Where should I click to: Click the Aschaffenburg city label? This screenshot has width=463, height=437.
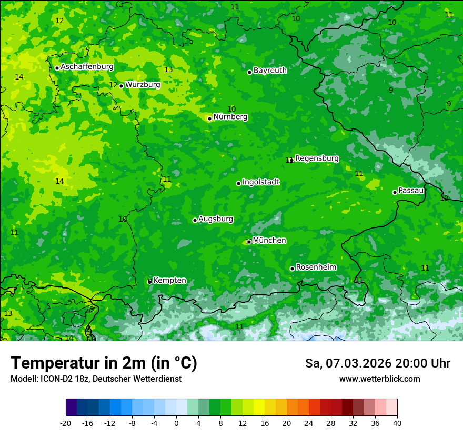[87, 67]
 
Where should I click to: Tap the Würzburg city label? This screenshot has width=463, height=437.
[143, 84]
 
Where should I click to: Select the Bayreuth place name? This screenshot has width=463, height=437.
[270, 70]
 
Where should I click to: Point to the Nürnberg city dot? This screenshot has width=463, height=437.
[209, 118]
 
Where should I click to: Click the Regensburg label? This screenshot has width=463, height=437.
[317, 158]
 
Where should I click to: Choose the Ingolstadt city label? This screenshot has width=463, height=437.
[260, 182]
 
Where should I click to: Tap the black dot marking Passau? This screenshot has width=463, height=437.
[395, 192]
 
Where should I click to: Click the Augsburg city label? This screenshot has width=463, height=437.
[216, 219]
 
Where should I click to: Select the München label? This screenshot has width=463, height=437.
[269, 240]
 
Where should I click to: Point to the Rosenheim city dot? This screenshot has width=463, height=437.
[292, 269]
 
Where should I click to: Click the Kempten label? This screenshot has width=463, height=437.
[169, 280]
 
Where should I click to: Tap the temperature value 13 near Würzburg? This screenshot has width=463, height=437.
[168, 69]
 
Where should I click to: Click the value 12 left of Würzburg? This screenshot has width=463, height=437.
[113, 85]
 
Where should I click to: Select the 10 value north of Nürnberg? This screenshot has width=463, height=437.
[231, 109]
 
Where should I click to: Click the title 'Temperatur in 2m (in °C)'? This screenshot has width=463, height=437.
[104, 363]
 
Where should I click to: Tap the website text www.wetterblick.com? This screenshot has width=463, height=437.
[379, 379]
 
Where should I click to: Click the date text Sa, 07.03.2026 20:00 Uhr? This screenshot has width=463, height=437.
[377, 363]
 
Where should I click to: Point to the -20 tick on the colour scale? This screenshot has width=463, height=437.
[66, 423]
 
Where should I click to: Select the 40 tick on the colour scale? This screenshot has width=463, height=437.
[397, 423]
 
